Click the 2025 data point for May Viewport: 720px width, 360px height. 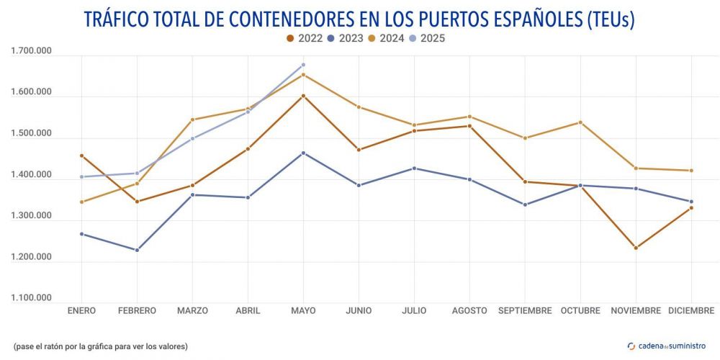(x=303, y=65)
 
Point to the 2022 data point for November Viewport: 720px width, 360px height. (x=636, y=248)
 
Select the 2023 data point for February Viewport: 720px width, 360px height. (x=137, y=250)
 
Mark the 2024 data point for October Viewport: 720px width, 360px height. (x=580, y=122)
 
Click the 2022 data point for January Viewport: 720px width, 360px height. (x=81, y=156)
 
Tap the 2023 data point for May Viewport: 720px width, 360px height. (x=303, y=153)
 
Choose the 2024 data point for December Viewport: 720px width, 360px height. (x=691, y=171)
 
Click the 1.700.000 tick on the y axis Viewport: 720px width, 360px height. (x=31, y=51)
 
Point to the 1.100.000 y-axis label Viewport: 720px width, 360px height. (x=31, y=298)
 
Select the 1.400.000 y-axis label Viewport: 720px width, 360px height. (x=31, y=175)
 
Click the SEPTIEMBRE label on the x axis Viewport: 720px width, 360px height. (x=525, y=311)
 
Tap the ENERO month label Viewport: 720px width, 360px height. (x=81, y=311)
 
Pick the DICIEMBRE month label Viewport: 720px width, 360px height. (x=691, y=311)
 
